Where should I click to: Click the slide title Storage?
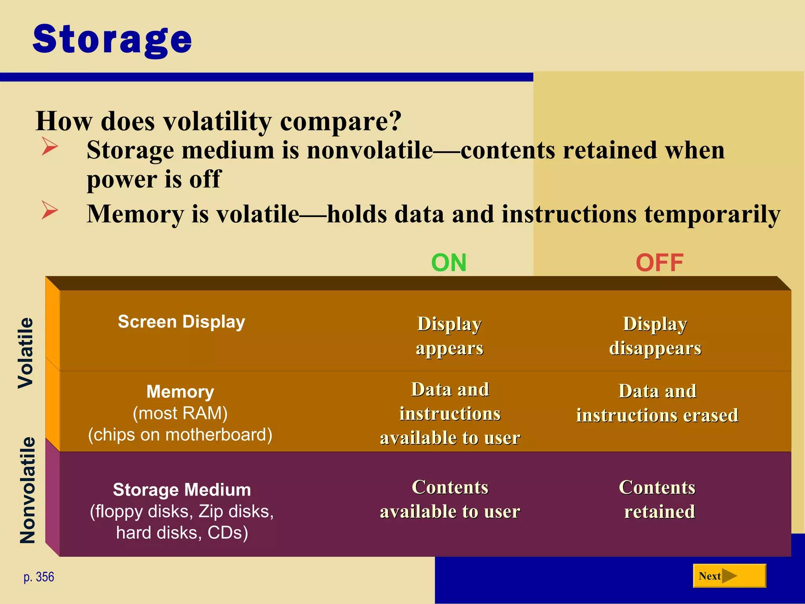pos(112,39)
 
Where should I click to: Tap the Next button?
pos(729,576)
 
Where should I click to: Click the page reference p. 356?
pos(39,577)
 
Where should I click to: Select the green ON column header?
pos(449,263)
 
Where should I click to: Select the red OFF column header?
pos(660,263)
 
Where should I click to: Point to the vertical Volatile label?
pos(26,353)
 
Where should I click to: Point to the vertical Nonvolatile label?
pos(28,490)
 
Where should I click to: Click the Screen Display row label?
pos(182,322)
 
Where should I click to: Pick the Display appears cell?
pos(450,336)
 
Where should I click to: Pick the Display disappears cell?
pos(655,336)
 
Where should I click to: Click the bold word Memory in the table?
pos(180,392)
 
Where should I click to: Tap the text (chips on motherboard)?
pos(180,435)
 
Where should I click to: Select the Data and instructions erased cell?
pos(657,403)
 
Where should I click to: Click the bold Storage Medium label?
pos(182,490)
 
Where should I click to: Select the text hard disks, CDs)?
pos(182,533)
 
